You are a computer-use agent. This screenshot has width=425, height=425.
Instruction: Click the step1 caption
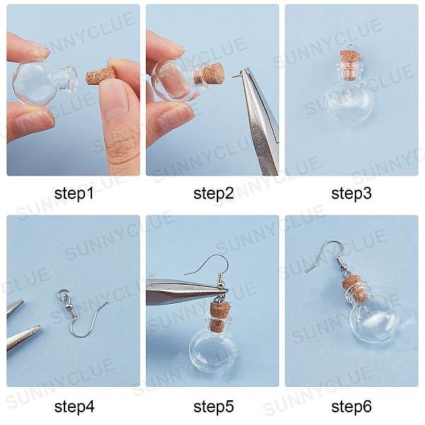point(74,193)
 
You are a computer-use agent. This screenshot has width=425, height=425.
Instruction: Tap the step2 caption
point(214,193)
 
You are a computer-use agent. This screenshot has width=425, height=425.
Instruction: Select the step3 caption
point(351,193)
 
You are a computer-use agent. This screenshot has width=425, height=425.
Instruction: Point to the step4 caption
point(74,407)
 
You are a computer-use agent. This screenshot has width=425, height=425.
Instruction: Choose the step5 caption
point(214,407)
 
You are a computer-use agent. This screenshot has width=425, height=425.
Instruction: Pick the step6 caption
point(351,407)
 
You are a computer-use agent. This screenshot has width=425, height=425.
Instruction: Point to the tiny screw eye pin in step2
point(237,76)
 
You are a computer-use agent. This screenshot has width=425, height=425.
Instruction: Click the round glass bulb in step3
point(349,101)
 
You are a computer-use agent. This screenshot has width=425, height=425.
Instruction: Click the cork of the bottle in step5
point(220,317)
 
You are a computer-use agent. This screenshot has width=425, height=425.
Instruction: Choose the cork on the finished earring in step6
point(356,289)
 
